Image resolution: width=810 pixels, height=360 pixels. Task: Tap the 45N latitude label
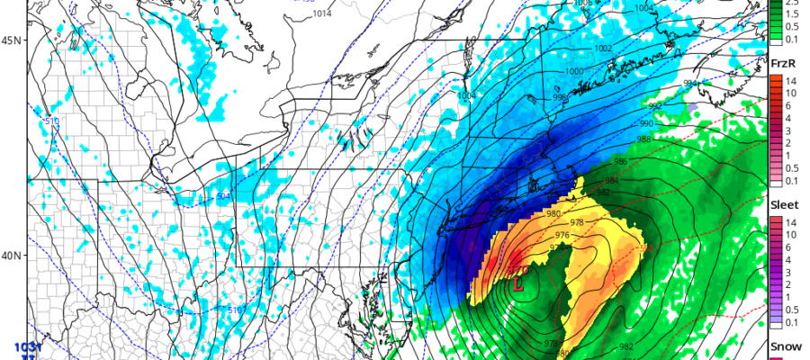13,40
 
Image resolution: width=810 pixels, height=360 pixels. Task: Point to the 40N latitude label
13,255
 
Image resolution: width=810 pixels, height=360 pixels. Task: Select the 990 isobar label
646,122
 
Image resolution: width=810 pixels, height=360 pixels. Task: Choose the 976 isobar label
562,236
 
